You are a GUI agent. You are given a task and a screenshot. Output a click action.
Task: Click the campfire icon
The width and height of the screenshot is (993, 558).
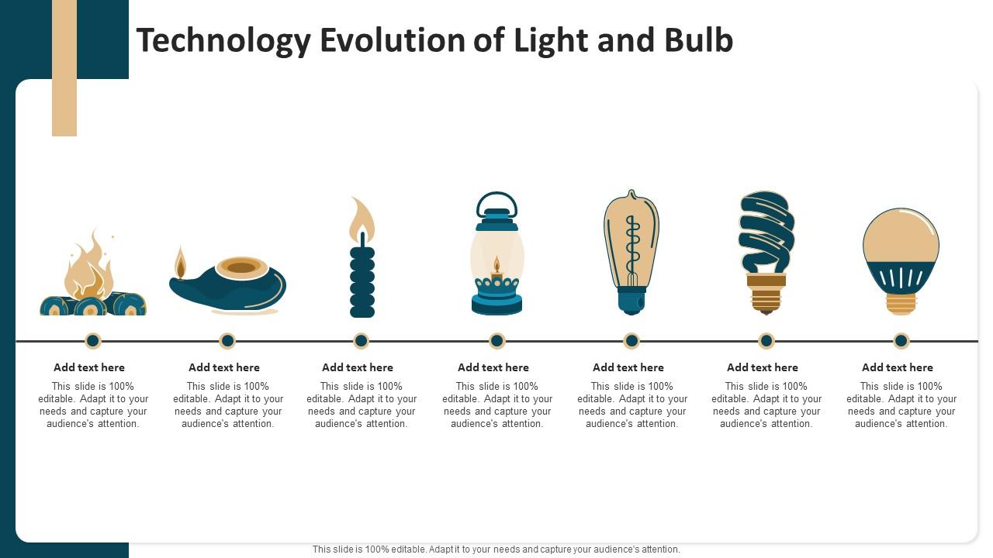[92, 275]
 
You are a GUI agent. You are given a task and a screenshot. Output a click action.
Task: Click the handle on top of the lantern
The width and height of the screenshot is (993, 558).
[496, 203]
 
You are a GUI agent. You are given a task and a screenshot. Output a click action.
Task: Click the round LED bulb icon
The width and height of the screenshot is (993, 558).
[901, 260]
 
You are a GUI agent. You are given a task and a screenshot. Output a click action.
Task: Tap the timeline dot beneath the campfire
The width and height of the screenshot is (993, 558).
[93, 340]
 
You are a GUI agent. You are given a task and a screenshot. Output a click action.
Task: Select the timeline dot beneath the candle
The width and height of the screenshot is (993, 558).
[361, 340]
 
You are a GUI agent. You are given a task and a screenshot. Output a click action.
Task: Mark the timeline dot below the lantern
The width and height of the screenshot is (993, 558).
[496, 340]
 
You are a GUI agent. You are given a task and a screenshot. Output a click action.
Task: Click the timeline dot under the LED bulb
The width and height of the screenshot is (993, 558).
[901, 340]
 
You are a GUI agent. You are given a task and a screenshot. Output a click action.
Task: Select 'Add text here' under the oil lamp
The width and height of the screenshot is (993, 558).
[224, 367]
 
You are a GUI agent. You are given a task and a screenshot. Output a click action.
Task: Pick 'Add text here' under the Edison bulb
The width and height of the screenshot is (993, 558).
[628, 367]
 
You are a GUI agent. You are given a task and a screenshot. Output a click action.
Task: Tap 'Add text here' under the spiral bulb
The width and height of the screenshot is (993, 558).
[763, 367]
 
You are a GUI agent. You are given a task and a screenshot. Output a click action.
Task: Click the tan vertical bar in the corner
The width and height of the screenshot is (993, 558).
[64, 68]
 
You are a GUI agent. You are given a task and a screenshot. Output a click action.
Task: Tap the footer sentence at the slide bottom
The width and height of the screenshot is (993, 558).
[496, 549]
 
